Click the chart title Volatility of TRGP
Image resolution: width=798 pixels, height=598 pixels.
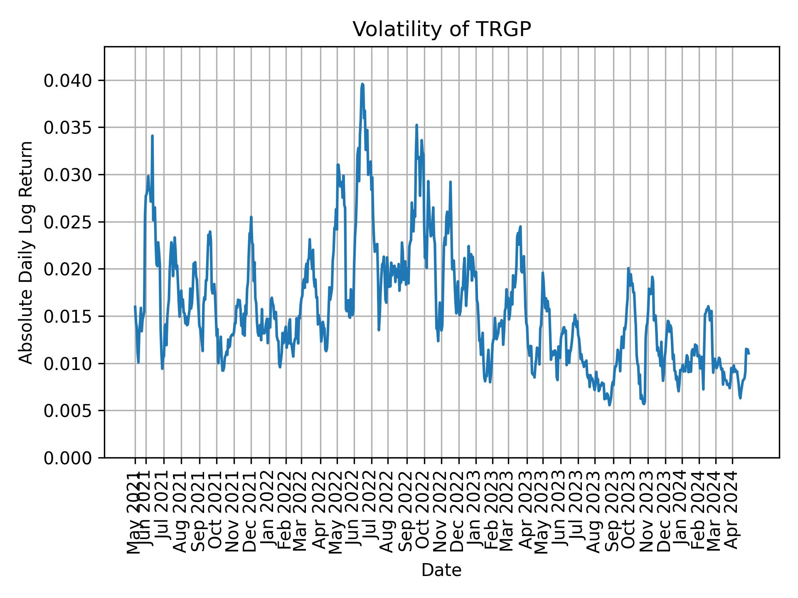(x=441, y=29)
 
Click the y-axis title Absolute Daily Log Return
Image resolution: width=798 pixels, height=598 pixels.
(x=27, y=252)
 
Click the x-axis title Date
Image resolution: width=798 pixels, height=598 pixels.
(x=441, y=570)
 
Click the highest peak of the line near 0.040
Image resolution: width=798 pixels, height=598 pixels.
(x=362, y=84)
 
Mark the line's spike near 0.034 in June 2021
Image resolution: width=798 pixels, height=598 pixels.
(x=153, y=136)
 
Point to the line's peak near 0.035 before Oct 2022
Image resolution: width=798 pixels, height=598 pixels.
(x=416, y=125)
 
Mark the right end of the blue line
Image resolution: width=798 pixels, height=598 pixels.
(x=749, y=353)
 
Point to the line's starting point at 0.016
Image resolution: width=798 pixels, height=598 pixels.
(x=135, y=306)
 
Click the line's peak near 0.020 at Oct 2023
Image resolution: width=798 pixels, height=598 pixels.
(x=628, y=268)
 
